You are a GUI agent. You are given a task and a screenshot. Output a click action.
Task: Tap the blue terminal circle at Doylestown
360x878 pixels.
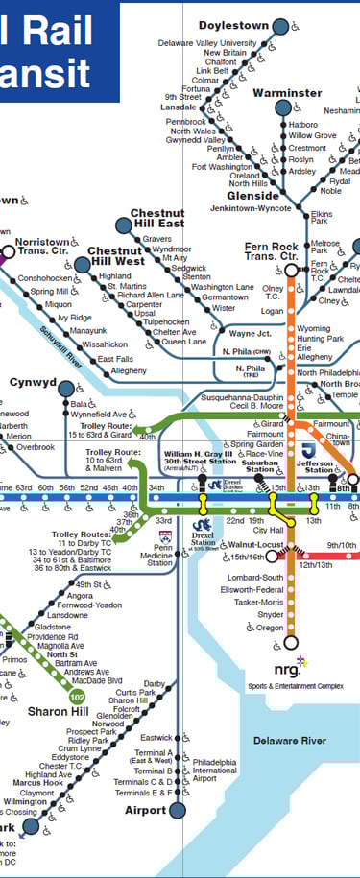[279, 27]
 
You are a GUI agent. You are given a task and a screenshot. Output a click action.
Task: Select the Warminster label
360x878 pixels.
[287, 93]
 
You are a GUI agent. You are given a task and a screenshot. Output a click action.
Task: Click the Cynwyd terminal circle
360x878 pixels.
[66, 389]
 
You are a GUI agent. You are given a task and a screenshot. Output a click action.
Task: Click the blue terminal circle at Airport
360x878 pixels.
[177, 811]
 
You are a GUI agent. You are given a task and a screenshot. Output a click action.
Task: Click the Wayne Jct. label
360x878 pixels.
[252, 333]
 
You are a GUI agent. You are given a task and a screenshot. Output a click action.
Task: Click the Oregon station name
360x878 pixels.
[269, 628]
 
